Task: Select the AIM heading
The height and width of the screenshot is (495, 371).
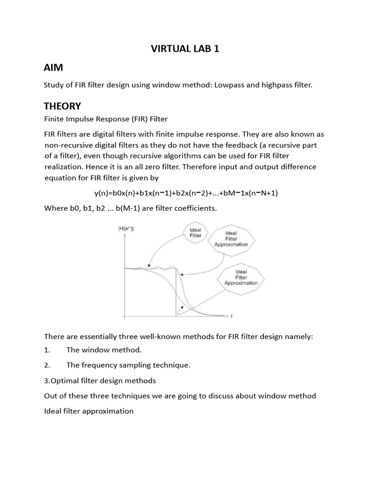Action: pos(53,67)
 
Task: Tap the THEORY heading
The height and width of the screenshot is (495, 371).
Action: pos(62,106)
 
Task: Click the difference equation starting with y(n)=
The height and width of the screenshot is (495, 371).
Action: pos(186,193)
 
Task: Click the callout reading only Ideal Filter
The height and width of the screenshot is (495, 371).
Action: pos(195,233)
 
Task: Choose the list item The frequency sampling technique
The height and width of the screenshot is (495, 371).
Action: pos(128,365)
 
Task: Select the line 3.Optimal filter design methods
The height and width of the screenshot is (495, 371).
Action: pos(100,380)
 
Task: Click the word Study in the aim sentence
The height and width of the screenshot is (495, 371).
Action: pos(53,85)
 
